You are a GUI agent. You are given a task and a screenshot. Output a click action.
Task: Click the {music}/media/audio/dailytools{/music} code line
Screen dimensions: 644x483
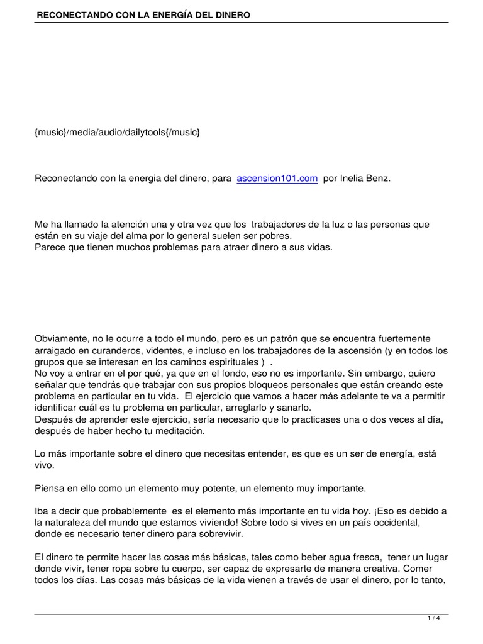[118, 133]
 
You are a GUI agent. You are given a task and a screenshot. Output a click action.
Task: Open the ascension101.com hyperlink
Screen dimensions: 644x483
[277, 179]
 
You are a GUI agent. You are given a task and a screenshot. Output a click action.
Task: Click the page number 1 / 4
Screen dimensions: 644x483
[433, 618]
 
